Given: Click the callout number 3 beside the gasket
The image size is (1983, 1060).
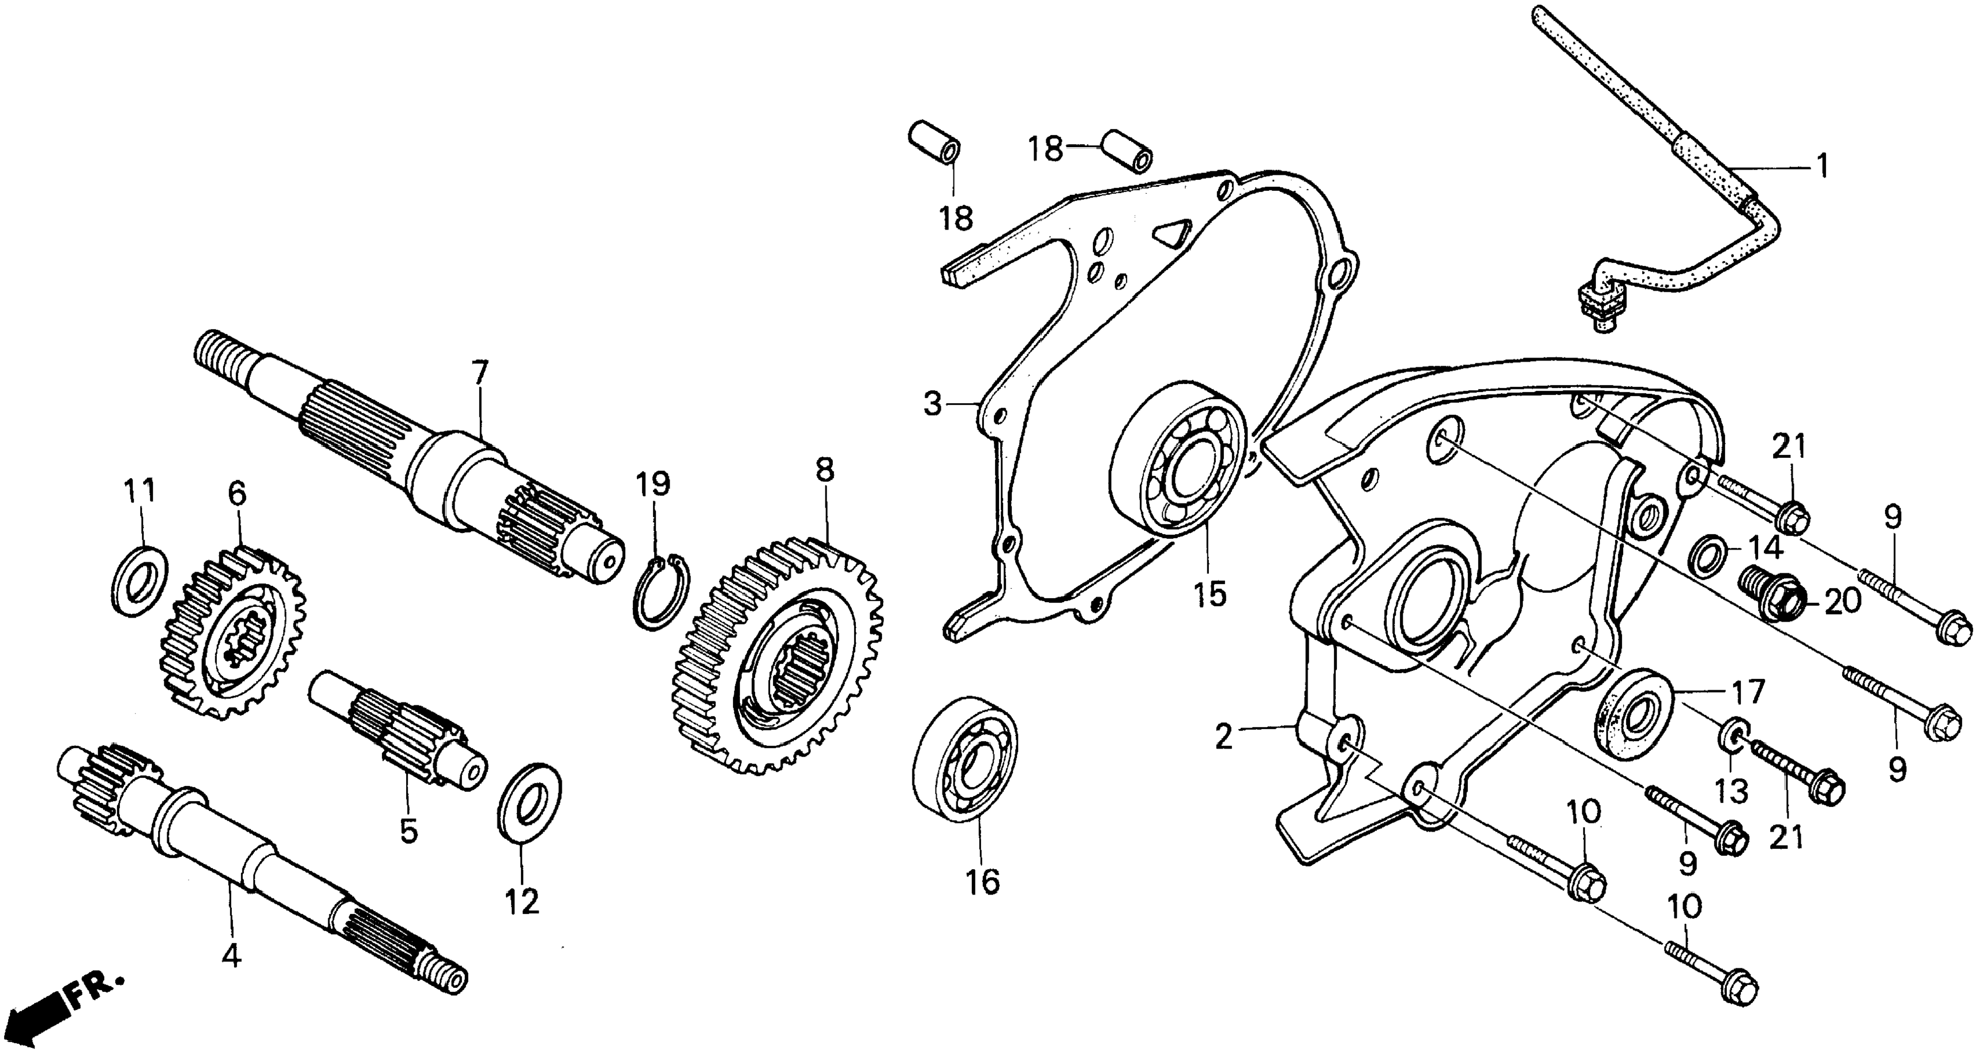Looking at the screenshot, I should click(x=932, y=403).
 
